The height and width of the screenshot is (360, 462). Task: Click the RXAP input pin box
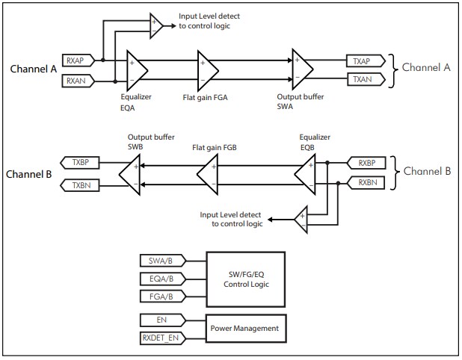coord(78,60)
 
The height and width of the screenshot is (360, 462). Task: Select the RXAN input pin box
coord(78,79)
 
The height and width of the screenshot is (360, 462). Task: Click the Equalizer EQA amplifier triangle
coord(137,70)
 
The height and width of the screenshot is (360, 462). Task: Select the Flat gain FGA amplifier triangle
coord(207,69)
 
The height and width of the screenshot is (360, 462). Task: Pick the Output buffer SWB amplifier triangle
coord(129,173)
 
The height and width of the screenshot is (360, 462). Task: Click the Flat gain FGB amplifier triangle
coord(207,173)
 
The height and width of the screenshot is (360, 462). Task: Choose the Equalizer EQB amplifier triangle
coord(304,173)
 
